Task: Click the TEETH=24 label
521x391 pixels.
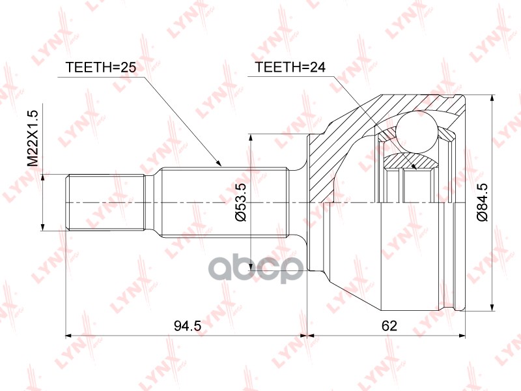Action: coord(285,67)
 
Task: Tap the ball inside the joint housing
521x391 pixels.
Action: coord(417,128)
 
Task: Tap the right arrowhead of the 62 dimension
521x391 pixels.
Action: coord(463,336)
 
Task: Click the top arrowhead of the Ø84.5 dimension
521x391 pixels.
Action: coord(490,99)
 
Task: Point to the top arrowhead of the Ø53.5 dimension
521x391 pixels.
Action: coord(251,138)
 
